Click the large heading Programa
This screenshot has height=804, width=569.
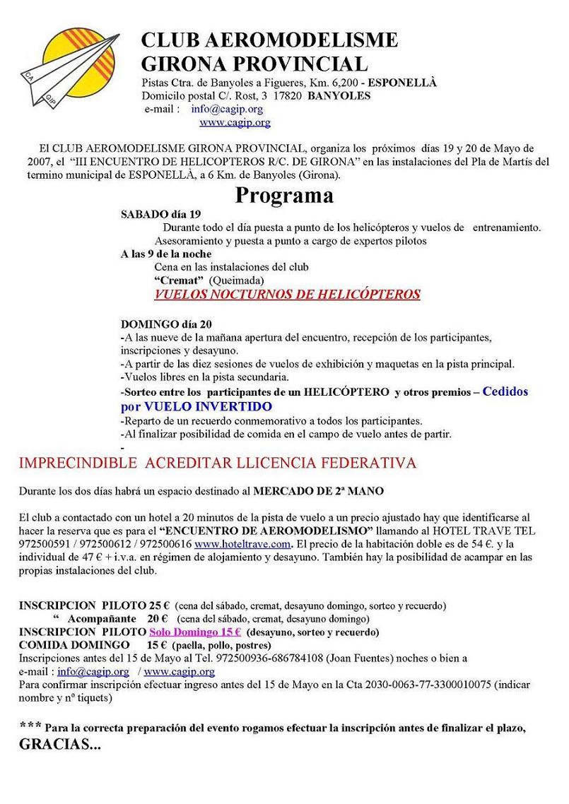point(284,195)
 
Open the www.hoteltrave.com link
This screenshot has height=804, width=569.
point(242,544)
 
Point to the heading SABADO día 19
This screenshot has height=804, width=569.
point(161,214)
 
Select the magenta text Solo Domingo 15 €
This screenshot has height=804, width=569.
point(195,632)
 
